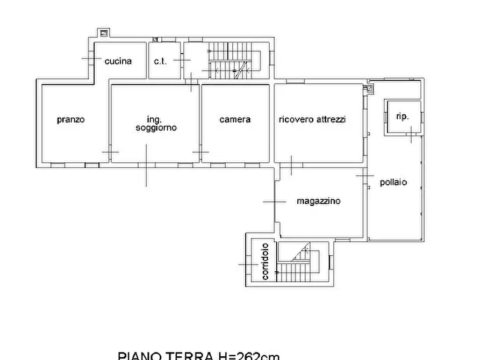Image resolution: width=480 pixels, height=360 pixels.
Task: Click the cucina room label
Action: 118,61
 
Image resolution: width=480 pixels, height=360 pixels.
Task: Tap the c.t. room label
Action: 160,61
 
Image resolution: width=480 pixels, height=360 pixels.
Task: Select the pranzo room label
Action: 70,120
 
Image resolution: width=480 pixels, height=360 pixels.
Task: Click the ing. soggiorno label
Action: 155,124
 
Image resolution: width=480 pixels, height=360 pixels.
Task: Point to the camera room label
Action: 235,119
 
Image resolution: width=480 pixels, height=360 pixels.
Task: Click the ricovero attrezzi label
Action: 312,119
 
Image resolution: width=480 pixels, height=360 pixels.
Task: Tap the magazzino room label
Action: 318,201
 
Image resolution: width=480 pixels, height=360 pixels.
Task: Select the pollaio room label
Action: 393,182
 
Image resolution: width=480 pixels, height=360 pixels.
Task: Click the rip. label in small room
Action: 402,116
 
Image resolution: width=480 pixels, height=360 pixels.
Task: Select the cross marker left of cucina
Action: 88,58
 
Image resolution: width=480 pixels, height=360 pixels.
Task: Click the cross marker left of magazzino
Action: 274,201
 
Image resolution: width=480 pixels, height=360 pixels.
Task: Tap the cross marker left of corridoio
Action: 248,264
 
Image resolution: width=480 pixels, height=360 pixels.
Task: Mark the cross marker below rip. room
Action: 410,134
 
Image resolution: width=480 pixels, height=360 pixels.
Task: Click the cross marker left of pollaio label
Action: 365,176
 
